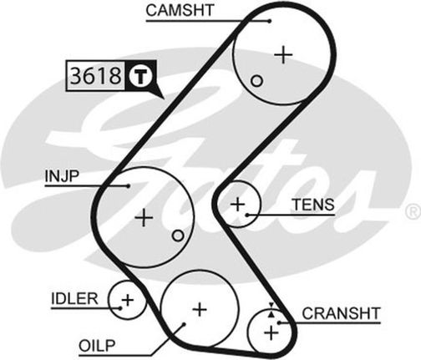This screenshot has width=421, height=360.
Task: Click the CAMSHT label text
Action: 180,10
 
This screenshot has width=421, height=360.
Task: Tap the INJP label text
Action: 62,176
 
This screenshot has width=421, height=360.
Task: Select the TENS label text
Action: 313,205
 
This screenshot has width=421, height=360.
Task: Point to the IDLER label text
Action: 74,299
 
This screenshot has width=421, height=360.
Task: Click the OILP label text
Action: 97,346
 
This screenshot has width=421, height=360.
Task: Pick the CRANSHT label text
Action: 341,313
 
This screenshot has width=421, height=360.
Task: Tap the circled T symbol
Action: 140,75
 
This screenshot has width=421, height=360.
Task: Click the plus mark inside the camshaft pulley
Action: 283,55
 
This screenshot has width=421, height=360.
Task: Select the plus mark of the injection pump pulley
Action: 144,217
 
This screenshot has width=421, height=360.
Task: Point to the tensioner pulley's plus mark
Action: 238,205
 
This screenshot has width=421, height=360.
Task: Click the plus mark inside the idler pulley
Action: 128,300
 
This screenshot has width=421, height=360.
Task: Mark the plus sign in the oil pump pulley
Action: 200,309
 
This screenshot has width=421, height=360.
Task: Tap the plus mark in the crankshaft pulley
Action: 271,332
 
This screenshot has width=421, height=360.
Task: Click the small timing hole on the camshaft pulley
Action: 256,81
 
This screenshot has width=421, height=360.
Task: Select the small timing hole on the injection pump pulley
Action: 178,236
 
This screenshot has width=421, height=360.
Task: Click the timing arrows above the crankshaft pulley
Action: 271,310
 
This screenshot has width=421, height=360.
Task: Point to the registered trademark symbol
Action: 415,212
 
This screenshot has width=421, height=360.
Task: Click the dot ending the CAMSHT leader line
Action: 269,21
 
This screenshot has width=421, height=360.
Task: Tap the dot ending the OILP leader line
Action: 184,324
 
